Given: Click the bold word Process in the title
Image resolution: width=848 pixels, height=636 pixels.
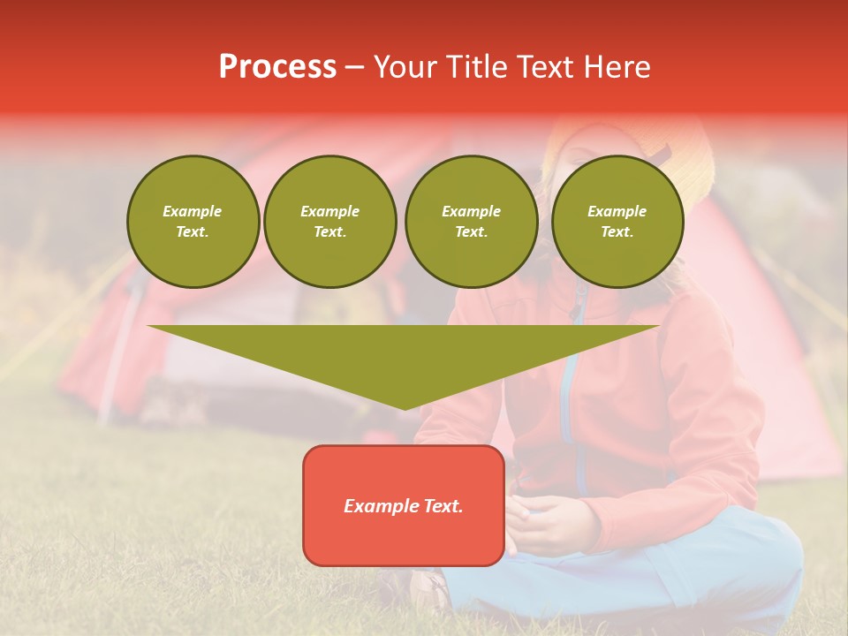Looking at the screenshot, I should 277,67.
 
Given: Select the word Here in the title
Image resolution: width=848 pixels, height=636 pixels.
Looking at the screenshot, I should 618,67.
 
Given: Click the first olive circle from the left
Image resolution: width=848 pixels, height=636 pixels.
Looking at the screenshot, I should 193,222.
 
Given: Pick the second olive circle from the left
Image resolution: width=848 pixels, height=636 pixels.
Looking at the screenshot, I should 329,222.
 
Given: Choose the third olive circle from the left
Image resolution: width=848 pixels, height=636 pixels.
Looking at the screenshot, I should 471,222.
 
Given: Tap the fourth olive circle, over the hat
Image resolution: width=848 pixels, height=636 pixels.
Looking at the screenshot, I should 617,222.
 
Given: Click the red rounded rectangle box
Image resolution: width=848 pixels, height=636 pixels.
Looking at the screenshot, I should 404,505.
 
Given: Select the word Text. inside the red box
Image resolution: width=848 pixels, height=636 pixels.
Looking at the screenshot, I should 443,506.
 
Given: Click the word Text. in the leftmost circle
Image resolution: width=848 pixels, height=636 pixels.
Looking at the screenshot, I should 193,232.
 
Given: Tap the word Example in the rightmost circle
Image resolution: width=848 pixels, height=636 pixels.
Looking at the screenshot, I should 617,211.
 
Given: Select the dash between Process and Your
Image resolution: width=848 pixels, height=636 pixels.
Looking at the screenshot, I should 355,67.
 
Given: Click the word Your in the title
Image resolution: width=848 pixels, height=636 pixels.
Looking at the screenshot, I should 406,67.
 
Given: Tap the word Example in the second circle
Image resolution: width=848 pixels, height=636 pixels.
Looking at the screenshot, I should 329,211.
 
